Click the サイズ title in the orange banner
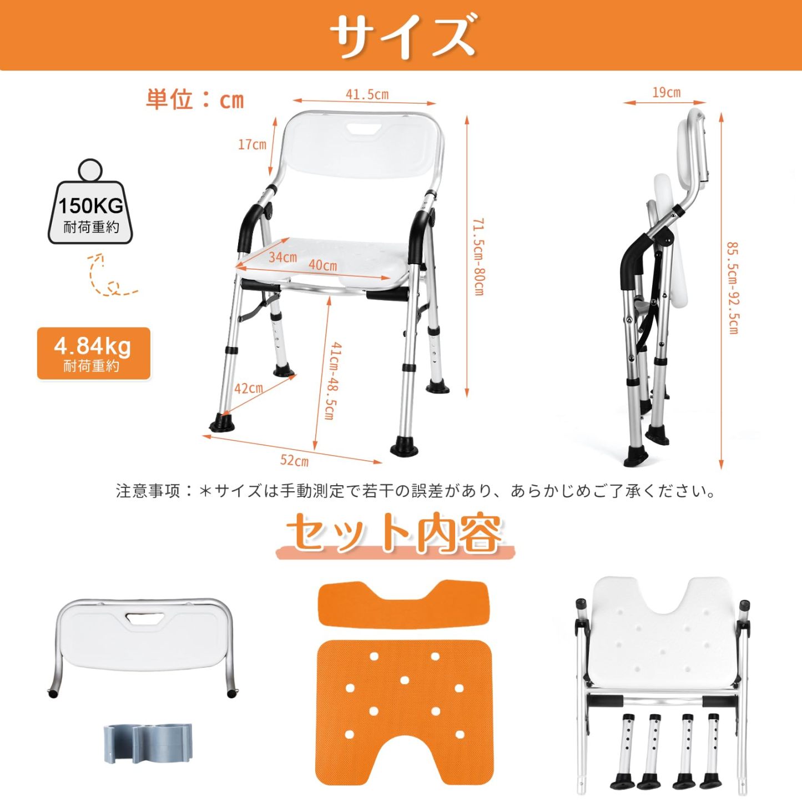point(402,36)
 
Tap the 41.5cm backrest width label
point(367,94)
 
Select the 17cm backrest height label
point(252,145)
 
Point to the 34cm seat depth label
point(283,258)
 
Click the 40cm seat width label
point(322,265)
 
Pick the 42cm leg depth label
point(248,389)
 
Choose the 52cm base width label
point(294,461)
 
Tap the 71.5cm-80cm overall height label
point(478,256)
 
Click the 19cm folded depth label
point(666,93)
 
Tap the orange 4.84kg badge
point(93,354)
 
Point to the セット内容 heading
point(395,533)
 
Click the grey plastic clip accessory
point(148,742)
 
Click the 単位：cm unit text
point(195,100)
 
